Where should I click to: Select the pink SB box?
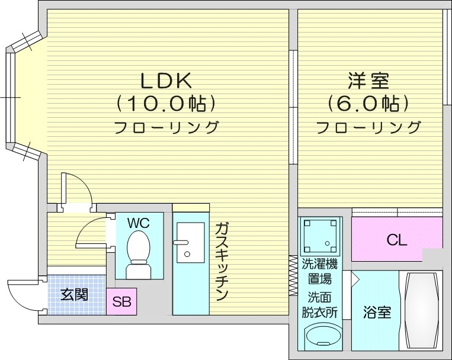122,301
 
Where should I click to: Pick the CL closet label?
396,240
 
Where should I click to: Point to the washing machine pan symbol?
320,235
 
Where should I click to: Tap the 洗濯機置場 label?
320,271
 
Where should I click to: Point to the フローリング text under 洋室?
368,127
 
